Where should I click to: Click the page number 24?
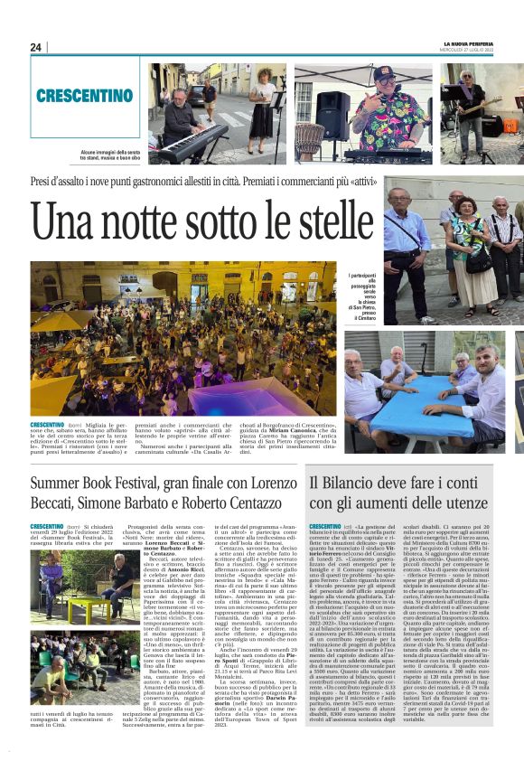36,47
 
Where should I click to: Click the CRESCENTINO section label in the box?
85,95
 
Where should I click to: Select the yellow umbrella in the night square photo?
61,322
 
